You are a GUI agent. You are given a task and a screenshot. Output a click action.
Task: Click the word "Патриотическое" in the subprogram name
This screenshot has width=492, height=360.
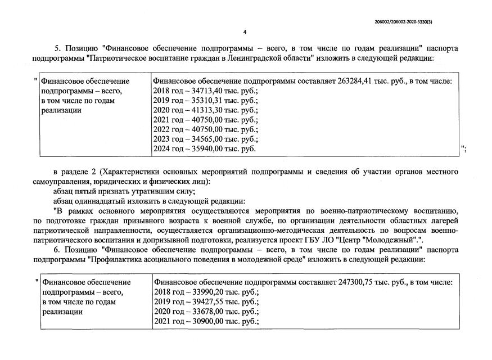(120, 58)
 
